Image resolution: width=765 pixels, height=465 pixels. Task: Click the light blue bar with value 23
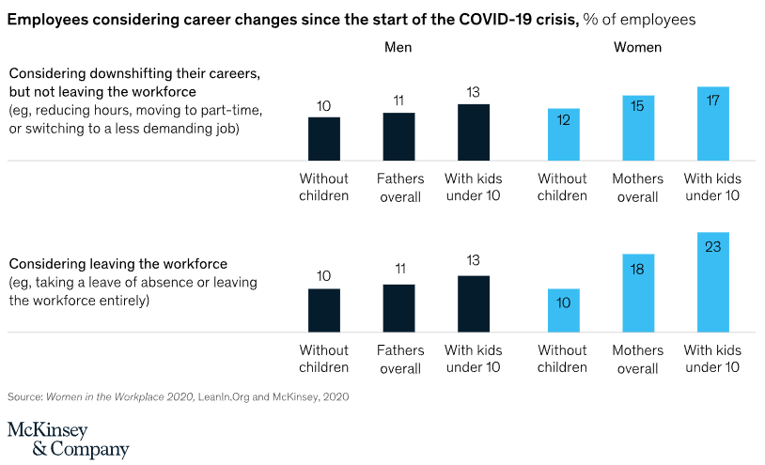coord(713,282)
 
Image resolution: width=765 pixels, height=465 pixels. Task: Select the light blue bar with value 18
coord(638,292)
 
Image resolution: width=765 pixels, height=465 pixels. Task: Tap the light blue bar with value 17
coord(713,123)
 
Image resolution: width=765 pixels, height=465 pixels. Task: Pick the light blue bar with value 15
coord(638,128)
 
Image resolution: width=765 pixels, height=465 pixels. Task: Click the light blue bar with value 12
coord(563,134)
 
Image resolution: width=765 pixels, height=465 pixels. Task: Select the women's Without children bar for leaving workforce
coord(563,310)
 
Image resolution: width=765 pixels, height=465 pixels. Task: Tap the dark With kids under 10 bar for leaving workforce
coord(474,303)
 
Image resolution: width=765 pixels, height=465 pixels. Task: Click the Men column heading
coord(398,47)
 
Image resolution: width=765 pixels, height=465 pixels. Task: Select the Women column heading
coord(637,47)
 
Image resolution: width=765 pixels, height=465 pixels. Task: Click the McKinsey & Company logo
coord(68,440)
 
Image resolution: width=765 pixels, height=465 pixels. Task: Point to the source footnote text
coord(179,397)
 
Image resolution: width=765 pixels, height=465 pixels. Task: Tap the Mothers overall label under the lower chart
coord(637,359)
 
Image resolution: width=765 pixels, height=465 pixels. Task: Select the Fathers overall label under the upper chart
coord(399,187)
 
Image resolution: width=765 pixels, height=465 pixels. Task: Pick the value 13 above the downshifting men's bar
coord(474,91)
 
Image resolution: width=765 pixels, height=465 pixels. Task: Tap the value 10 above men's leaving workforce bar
coord(324,276)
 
